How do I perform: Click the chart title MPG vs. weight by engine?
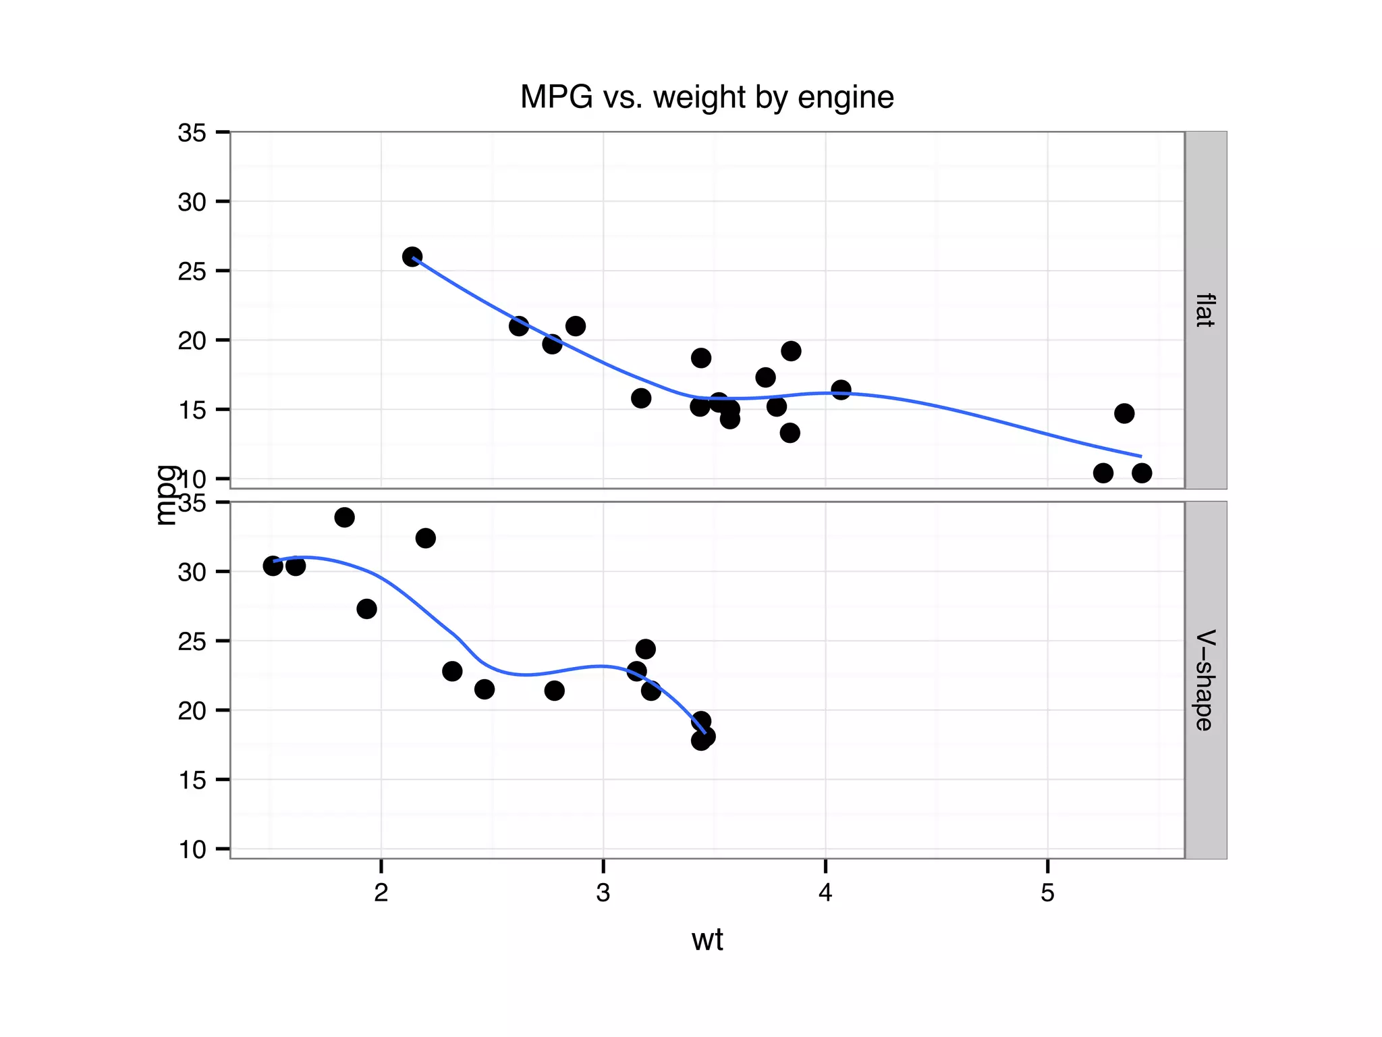coord(707,97)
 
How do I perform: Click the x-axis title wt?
coord(707,940)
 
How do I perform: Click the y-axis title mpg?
coord(165,495)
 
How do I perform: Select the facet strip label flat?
coord(1205,310)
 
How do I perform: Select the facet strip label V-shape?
coord(1205,680)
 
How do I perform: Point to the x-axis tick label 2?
coord(381,893)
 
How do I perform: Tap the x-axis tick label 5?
coord(1047,893)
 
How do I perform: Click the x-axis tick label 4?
coord(825,893)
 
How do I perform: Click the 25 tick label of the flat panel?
coord(192,271)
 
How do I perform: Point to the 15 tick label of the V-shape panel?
coord(192,780)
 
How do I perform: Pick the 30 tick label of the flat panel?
coord(192,202)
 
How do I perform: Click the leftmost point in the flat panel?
coord(412,257)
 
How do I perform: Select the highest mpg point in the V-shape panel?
coord(344,518)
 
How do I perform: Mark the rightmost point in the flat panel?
coord(1142,473)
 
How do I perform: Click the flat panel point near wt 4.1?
coord(841,390)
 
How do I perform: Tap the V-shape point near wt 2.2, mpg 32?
coord(425,538)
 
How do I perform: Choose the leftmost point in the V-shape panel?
coord(273,566)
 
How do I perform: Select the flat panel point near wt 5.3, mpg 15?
coord(1124,413)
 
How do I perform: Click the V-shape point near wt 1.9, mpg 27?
coord(366,609)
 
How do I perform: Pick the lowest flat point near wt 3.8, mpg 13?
coord(790,433)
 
